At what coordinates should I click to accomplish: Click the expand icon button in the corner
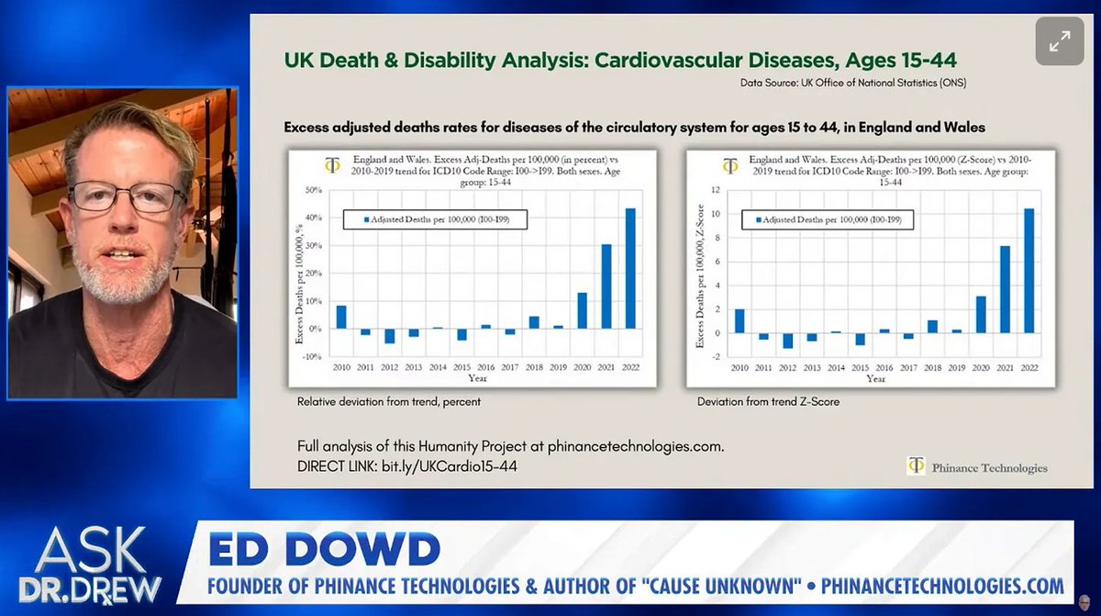pyautogui.click(x=1059, y=41)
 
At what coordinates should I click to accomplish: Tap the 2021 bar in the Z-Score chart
pyautogui.click(x=1006, y=289)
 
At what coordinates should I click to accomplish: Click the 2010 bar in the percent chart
pyautogui.click(x=341, y=317)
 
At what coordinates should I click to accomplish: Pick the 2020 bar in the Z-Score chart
pyautogui.click(x=980, y=314)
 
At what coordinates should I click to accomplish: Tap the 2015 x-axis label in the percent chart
pyautogui.click(x=462, y=367)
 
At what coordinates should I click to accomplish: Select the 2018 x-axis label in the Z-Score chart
pyautogui.click(x=931, y=367)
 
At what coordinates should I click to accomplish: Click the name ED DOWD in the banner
pyautogui.click(x=325, y=550)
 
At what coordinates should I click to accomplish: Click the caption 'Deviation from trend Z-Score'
pyautogui.click(x=768, y=401)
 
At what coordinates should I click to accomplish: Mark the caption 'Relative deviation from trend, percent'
pyautogui.click(x=389, y=401)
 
